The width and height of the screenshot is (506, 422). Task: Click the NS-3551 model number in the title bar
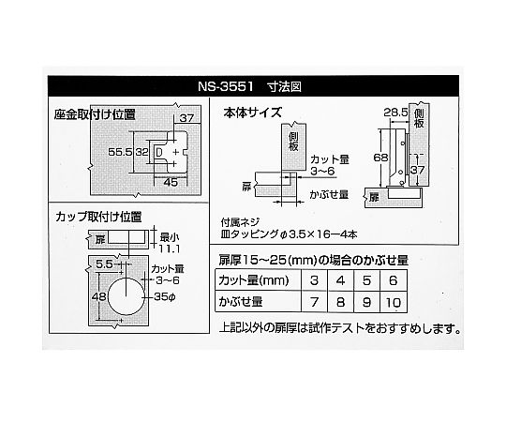pyautogui.click(x=226, y=86)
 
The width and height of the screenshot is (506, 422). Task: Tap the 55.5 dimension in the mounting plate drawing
pyautogui.click(x=120, y=152)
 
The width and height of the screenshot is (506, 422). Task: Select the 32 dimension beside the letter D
pyautogui.click(x=141, y=152)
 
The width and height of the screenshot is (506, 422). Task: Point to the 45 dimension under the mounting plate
pyautogui.click(x=171, y=183)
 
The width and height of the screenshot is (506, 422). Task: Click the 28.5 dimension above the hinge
pyautogui.click(x=395, y=113)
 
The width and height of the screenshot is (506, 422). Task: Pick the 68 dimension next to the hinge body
pyautogui.click(x=380, y=158)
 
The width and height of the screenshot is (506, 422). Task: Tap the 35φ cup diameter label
pyautogui.click(x=165, y=296)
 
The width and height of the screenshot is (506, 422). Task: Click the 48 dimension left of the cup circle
pyautogui.click(x=98, y=296)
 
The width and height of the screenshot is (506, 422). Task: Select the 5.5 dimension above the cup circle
pyautogui.click(x=104, y=264)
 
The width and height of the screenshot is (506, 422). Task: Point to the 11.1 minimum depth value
pyautogui.click(x=170, y=249)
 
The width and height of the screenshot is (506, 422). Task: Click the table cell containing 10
pyautogui.click(x=394, y=302)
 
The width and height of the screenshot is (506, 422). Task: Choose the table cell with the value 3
pyautogui.click(x=314, y=280)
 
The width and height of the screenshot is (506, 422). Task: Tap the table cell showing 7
pyautogui.click(x=314, y=302)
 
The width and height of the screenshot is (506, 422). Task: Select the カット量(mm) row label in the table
pyautogui.click(x=254, y=280)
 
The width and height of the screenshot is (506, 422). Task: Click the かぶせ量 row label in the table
pyautogui.click(x=241, y=302)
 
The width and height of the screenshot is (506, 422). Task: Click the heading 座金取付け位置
pyautogui.click(x=95, y=114)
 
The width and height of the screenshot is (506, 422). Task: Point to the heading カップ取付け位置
pyautogui.click(x=98, y=217)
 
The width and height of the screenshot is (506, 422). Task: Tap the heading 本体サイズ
pyautogui.click(x=253, y=113)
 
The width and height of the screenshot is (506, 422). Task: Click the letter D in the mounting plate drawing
pyautogui.click(x=158, y=152)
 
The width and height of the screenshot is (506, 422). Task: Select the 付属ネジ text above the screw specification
pyautogui.click(x=240, y=222)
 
